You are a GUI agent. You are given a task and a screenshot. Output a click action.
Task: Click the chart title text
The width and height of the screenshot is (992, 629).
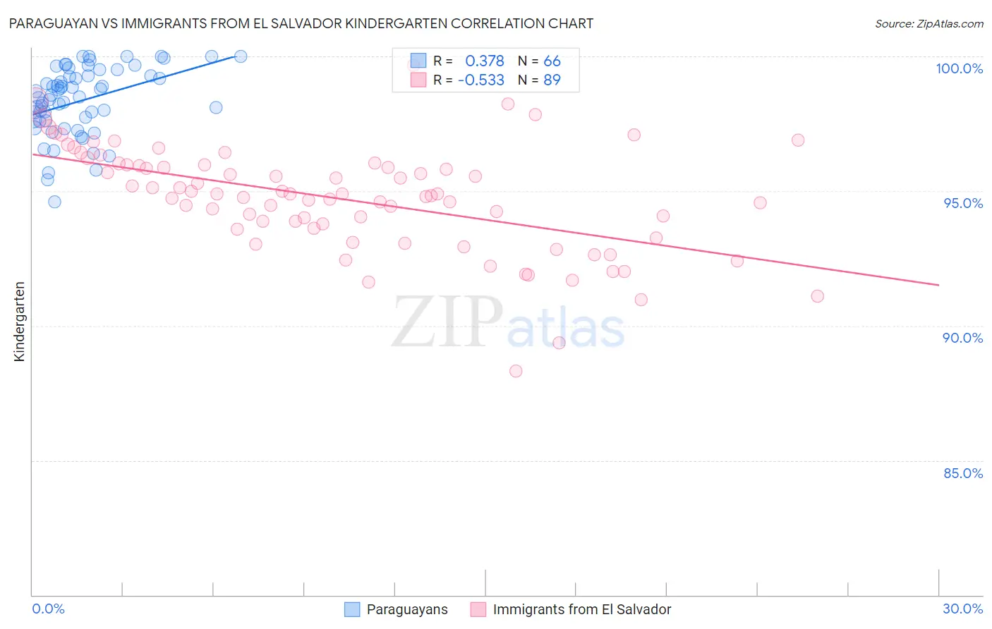[301, 23]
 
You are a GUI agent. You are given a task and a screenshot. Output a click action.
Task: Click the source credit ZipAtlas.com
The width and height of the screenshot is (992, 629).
[929, 23]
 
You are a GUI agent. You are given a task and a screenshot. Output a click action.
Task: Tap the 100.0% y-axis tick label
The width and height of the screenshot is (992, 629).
[959, 68]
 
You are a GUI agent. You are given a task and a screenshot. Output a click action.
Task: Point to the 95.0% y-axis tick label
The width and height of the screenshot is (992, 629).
[963, 203]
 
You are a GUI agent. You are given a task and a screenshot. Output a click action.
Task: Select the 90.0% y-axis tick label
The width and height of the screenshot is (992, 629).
[962, 338]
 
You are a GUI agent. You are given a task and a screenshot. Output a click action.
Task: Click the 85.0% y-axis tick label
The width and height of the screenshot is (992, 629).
[963, 473]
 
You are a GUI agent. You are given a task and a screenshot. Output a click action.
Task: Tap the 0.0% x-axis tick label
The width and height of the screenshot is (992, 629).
[48, 609]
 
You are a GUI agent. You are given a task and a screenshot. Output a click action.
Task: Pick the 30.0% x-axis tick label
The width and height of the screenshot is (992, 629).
[962, 609]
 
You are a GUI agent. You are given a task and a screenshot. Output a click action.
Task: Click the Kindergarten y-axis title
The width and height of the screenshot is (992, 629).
[19, 322]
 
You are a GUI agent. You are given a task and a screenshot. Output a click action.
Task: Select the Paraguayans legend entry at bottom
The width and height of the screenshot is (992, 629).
[406, 609]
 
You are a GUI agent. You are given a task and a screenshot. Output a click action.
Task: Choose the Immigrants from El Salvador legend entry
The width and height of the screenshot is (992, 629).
[581, 609]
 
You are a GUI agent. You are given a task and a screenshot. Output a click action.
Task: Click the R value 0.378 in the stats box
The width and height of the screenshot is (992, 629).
[485, 61]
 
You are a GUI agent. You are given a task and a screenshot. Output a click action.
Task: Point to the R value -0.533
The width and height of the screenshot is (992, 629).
[481, 80]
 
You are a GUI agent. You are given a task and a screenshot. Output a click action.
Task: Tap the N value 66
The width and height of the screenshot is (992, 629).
[552, 61]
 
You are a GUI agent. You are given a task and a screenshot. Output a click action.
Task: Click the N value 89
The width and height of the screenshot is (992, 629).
[552, 80]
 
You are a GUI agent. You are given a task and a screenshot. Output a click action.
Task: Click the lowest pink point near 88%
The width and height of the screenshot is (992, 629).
[516, 371]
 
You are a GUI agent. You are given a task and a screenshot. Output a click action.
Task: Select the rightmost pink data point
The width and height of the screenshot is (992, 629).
[817, 296]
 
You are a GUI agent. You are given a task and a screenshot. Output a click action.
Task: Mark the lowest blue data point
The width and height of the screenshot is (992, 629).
[54, 202]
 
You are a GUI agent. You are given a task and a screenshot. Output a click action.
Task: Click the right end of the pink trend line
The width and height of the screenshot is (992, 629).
[939, 285]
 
